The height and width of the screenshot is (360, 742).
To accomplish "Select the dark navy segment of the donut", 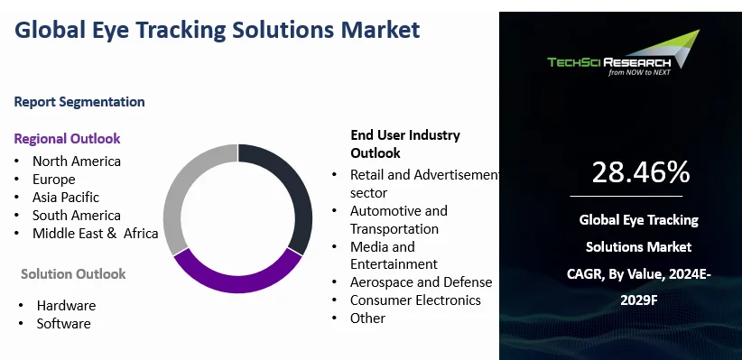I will [x=295, y=189].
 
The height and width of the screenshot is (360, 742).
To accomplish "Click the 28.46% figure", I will [x=641, y=171].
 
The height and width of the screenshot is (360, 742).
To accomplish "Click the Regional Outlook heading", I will [x=67, y=138].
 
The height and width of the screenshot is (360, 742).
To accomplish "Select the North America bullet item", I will [x=76, y=162].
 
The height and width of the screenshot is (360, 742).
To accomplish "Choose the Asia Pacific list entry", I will [x=65, y=198].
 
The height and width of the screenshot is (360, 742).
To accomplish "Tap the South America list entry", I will [x=76, y=216].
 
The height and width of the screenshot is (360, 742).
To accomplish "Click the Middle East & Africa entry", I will [x=95, y=234].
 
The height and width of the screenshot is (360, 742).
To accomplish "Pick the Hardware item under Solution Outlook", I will [x=66, y=305].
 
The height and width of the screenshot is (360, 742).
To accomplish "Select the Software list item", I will [x=63, y=323].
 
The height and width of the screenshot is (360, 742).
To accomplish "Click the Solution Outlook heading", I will [x=73, y=273].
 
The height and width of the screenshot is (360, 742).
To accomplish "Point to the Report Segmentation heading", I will [x=79, y=102].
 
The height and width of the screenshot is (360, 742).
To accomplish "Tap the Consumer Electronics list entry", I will [x=415, y=300].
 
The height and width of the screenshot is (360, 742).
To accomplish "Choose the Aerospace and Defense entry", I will [x=421, y=282].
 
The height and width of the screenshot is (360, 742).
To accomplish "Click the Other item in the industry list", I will [x=367, y=318].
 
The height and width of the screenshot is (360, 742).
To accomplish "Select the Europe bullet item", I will [x=53, y=180].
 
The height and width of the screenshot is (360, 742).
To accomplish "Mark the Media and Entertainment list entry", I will [x=394, y=255].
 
